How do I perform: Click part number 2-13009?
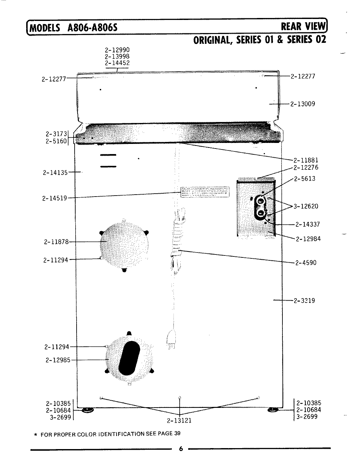coord(303,104)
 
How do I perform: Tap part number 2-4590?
coord(306,263)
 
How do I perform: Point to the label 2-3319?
coord(304,300)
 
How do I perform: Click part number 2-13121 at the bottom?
coord(179,421)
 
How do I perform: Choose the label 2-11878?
coord(56,242)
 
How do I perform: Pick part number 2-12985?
coord(58,360)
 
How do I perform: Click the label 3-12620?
coord(306,206)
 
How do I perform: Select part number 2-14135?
coord(55,172)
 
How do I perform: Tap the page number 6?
coord(180,449)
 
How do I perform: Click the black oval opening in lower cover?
coord(129,358)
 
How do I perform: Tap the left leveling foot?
coord(87,410)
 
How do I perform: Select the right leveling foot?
coord(272,410)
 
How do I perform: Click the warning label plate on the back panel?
coord(205,192)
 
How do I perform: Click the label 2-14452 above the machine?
coord(117,63)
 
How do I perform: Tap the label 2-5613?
coord(305,179)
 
